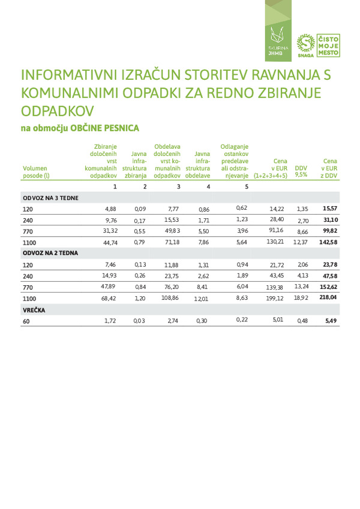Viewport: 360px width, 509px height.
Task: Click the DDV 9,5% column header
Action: [301, 172]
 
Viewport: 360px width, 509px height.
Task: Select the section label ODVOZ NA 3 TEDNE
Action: [50, 198]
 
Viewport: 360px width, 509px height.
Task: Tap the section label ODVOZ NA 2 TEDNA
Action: [50, 253]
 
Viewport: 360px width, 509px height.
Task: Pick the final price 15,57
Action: [330, 208]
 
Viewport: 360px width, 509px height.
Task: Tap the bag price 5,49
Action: [331, 321]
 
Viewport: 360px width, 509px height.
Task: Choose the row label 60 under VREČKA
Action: [26, 321]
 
